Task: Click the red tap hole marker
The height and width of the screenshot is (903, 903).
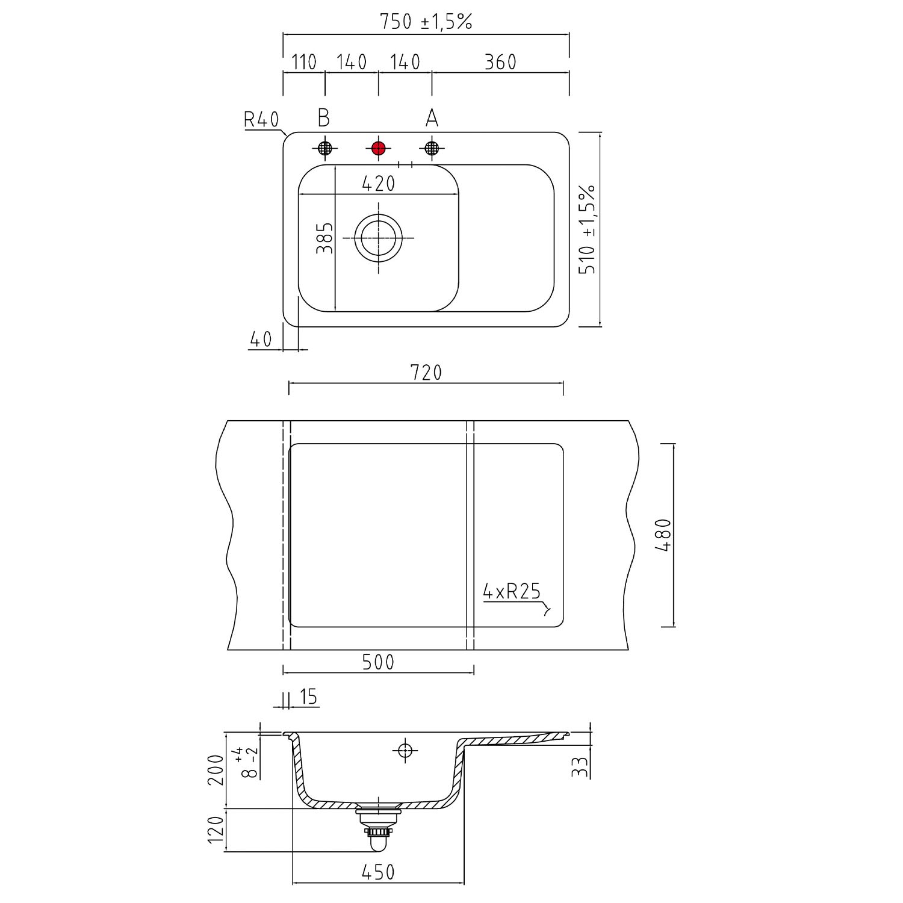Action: pyautogui.click(x=378, y=148)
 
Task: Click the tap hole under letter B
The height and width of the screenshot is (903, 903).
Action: pyautogui.click(x=324, y=148)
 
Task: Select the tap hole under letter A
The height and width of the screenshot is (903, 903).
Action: pyautogui.click(x=432, y=148)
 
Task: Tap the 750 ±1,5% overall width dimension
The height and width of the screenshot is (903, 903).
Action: pyautogui.click(x=426, y=22)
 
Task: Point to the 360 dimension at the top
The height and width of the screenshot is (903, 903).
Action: pyautogui.click(x=500, y=61)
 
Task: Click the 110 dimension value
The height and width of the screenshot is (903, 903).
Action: pyautogui.click(x=304, y=61)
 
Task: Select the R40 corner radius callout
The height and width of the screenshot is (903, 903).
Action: pyautogui.click(x=261, y=120)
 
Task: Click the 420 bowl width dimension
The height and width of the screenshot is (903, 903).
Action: pyautogui.click(x=379, y=183)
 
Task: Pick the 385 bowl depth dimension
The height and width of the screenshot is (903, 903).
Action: pyautogui.click(x=324, y=238)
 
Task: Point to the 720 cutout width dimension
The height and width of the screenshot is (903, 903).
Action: pyautogui.click(x=426, y=373)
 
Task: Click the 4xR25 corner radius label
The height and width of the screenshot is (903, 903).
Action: pyautogui.click(x=512, y=592)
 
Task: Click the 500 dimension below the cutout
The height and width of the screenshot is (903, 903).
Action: pyautogui.click(x=378, y=662)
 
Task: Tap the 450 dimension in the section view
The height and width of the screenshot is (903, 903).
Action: pyautogui.click(x=378, y=872)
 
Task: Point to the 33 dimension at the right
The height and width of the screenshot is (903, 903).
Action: pyautogui.click(x=579, y=767)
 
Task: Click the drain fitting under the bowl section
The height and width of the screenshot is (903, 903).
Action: pyautogui.click(x=377, y=827)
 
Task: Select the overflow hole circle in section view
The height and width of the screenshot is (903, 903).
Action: pyautogui.click(x=405, y=750)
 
